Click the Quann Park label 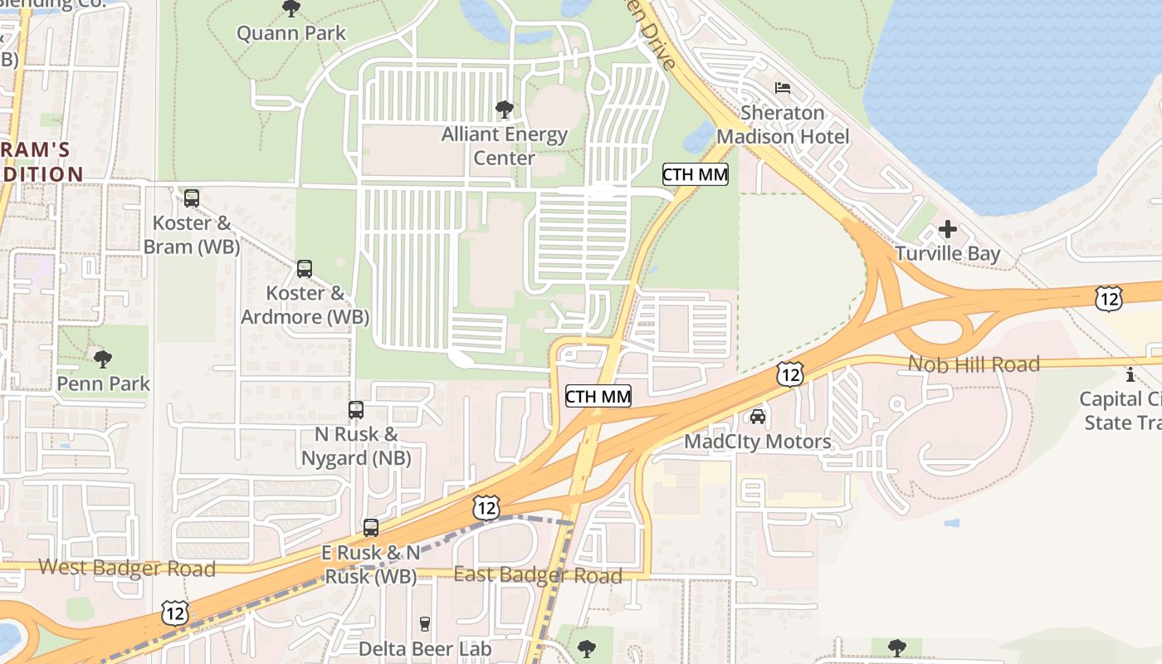point(291,33)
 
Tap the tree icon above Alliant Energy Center point(504,110)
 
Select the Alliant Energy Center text point(504,145)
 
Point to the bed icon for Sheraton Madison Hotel point(783,88)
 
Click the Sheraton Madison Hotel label point(783,124)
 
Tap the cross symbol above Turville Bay point(948,229)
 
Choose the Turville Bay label point(948,254)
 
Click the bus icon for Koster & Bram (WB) point(192,198)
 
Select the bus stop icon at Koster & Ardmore point(305,269)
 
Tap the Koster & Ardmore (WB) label point(305,305)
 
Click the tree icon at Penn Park point(103,359)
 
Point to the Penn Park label point(103,383)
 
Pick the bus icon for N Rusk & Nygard point(356,410)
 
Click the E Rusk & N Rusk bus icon point(371,528)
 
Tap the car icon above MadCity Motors point(757,417)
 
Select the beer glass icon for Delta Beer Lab point(425,624)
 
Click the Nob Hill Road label point(974,364)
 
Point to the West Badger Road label point(127,569)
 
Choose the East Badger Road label point(538,576)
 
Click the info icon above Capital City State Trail point(1130,374)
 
